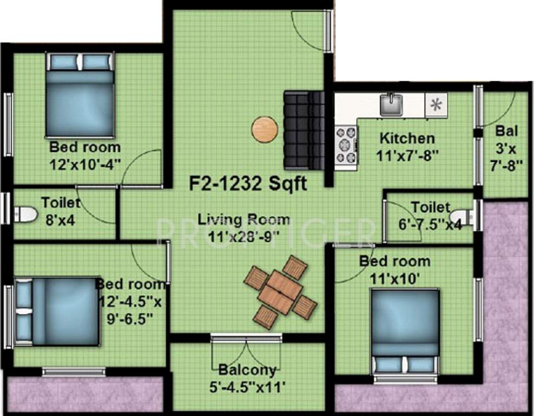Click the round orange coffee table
point(265,129)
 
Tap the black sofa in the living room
point(304,129)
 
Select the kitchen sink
point(391,105)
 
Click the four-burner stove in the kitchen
point(346,144)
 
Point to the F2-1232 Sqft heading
point(248,184)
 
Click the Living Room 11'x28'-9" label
point(243,227)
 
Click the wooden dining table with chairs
point(280,291)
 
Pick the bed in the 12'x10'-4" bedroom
point(80,95)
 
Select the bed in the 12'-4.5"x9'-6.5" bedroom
point(57,311)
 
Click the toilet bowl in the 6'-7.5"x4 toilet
point(462,217)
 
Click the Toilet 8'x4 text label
point(61,210)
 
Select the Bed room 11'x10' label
point(395,268)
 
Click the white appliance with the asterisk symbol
point(436,105)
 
